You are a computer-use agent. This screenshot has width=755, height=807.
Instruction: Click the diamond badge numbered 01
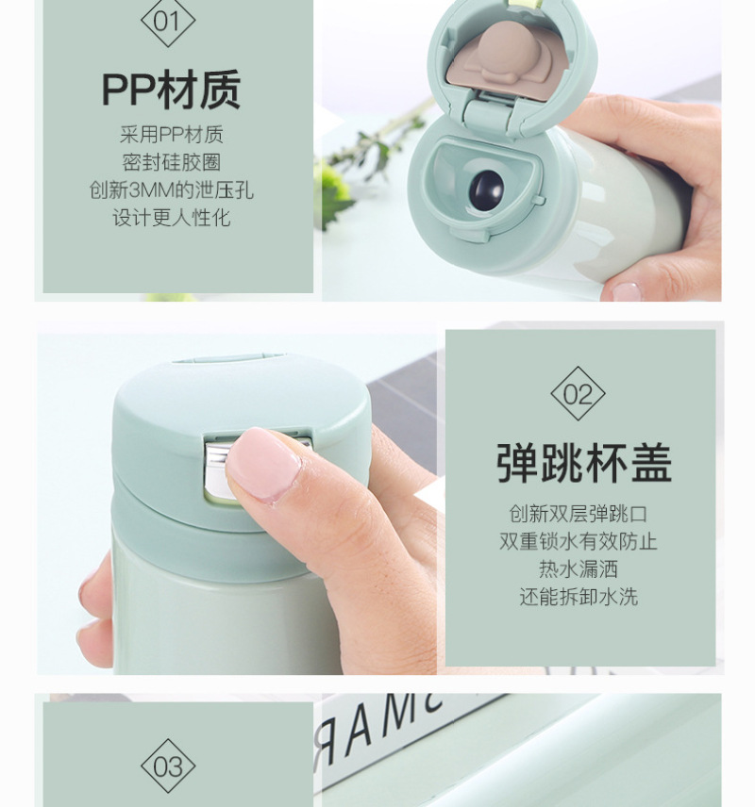168,22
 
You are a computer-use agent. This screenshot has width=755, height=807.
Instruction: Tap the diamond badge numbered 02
578,394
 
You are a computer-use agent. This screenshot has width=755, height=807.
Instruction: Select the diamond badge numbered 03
168,766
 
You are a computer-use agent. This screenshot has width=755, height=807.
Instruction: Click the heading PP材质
172,90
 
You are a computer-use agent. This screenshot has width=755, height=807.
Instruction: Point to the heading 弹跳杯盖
584,463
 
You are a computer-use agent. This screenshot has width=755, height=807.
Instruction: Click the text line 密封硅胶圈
172,162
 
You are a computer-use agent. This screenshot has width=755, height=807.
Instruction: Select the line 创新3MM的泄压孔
172,189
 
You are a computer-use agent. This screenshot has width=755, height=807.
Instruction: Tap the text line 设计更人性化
172,217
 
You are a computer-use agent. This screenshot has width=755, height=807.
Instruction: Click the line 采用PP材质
172,134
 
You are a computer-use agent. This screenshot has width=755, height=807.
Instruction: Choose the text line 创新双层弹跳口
579,514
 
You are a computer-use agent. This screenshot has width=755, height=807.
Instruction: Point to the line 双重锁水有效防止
579,541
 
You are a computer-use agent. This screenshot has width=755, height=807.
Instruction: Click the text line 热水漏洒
579,568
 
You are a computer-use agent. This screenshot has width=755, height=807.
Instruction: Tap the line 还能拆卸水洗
579,597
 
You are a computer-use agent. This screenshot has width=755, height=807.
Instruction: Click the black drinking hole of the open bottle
486,190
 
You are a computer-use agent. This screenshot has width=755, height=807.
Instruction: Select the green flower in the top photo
334,193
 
